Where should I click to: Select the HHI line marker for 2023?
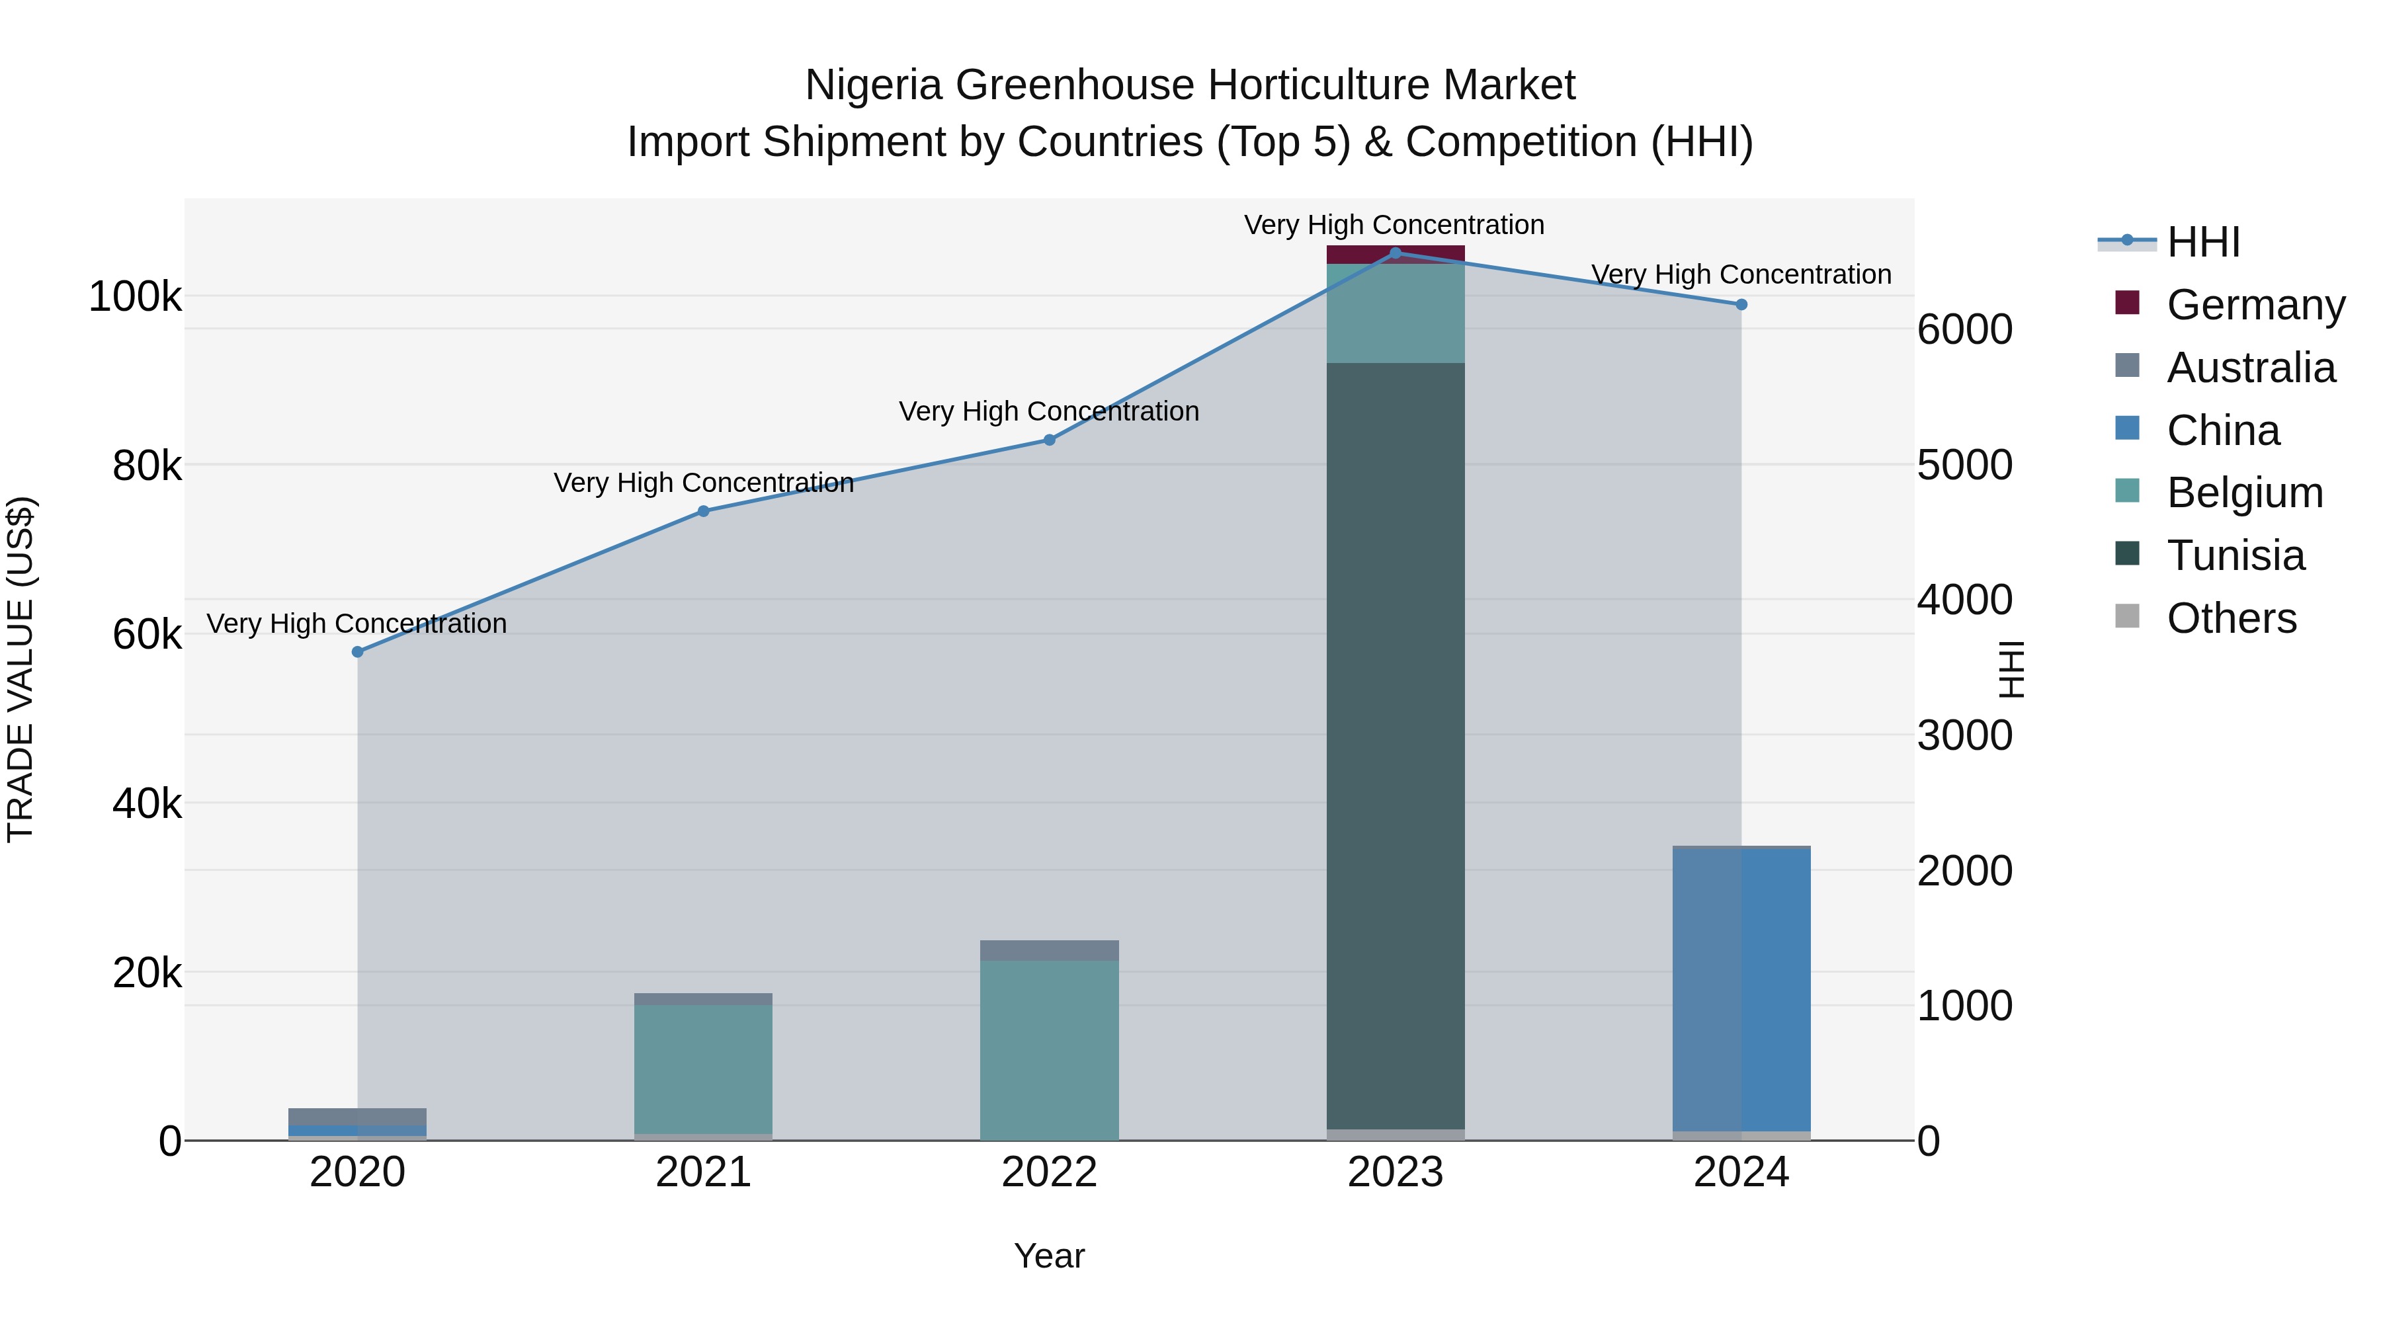(x=1396, y=253)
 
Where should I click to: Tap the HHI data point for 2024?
(x=1741, y=305)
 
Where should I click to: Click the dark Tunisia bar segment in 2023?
(x=1396, y=739)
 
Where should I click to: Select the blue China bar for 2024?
(x=1741, y=989)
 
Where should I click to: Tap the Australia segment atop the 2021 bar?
(x=704, y=999)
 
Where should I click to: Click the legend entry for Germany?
(x=2255, y=305)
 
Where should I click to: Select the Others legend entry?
(x=2232, y=618)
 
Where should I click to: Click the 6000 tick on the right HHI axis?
(x=1965, y=330)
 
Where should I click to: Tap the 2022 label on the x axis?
(x=1049, y=1172)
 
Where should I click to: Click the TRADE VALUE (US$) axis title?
(x=21, y=669)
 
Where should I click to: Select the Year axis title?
(x=1049, y=1256)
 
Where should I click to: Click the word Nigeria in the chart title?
(x=874, y=85)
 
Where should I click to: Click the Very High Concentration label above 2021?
(x=704, y=483)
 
